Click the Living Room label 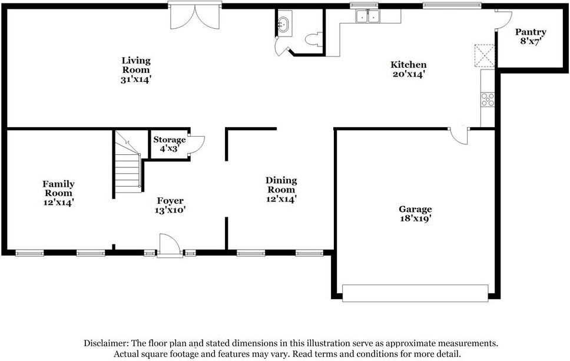pos(136,69)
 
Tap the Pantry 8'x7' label pos(531,37)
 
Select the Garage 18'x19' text pos(415,214)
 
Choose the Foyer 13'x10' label pos(170,205)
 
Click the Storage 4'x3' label pos(169,144)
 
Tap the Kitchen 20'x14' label pos(409,69)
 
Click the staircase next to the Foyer pos(128,165)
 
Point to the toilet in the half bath pos(312,39)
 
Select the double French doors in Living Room pos(195,16)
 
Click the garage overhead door pos(415,293)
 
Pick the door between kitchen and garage pos(458,135)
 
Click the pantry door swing pos(502,19)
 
